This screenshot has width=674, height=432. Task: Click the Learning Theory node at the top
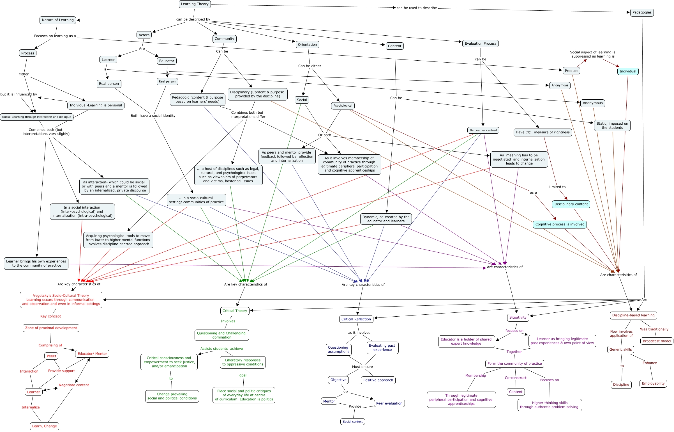click(195, 4)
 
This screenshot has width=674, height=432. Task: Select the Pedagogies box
click(642, 13)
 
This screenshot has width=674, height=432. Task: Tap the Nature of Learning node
click(58, 20)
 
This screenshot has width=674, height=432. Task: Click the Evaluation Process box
click(480, 44)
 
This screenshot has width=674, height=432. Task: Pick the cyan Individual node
click(628, 71)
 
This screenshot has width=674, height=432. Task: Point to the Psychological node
click(343, 106)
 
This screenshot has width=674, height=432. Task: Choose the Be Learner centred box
click(483, 130)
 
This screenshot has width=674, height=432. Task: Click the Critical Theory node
click(235, 311)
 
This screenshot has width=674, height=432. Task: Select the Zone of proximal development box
click(51, 328)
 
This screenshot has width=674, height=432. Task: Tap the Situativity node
click(518, 317)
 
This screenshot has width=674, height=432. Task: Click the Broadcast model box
click(657, 341)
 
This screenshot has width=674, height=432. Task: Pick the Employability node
click(653, 383)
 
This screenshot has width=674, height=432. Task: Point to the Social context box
click(352, 422)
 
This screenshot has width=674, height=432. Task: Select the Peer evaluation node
click(389, 403)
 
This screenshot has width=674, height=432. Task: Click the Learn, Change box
click(44, 426)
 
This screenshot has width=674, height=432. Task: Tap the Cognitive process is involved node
click(560, 224)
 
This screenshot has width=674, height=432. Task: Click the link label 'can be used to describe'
click(417, 8)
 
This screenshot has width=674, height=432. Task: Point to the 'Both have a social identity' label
click(153, 116)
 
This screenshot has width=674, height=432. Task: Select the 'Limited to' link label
click(557, 187)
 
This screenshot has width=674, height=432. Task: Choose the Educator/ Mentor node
click(92, 354)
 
